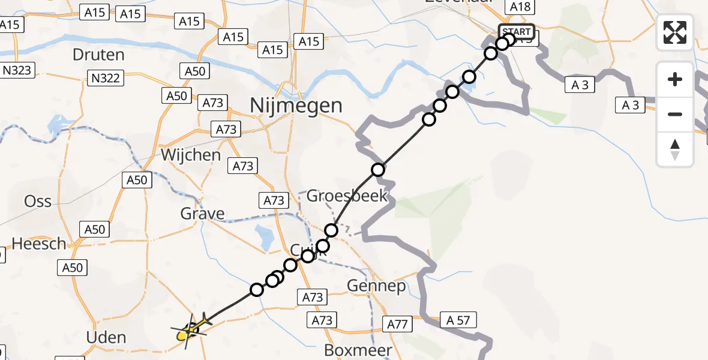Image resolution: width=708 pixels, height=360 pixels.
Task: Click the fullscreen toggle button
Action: click(x=675, y=32)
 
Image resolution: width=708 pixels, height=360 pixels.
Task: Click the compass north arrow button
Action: click(x=675, y=149)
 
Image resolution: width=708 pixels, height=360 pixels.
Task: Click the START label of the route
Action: click(x=516, y=32)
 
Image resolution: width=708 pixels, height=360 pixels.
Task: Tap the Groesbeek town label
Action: click(x=347, y=196)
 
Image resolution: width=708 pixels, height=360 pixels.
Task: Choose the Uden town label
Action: click(x=106, y=337)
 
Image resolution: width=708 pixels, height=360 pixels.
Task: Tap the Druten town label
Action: click(x=98, y=55)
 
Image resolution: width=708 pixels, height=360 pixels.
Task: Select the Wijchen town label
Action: click(x=191, y=155)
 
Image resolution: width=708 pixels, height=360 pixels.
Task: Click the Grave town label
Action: click(x=203, y=213)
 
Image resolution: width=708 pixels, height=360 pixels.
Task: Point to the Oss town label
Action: click(x=38, y=201)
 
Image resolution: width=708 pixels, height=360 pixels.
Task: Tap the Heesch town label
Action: click(x=39, y=244)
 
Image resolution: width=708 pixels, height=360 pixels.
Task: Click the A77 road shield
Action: click(x=398, y=325)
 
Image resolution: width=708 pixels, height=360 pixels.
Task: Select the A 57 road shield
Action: click(x=458, y=320)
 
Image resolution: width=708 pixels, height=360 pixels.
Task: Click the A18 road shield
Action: click(x=520, y=7)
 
